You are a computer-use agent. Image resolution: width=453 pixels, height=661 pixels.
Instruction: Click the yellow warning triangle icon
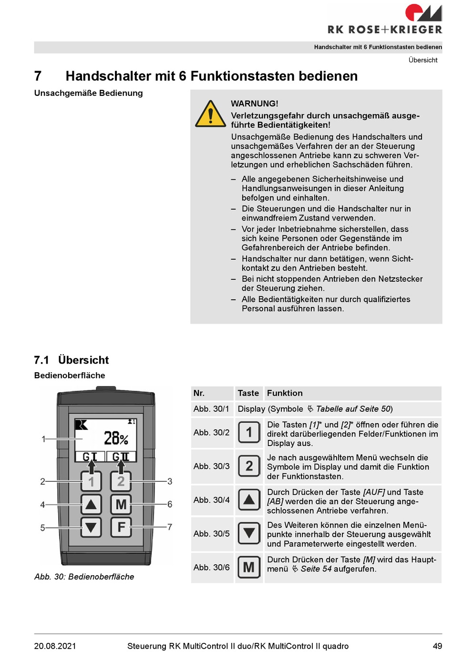(210, 114)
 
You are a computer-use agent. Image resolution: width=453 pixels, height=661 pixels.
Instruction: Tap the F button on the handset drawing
(121, 527)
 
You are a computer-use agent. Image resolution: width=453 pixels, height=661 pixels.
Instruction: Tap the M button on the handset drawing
(121, 504)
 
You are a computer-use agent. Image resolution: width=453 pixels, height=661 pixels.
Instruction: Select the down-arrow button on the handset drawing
(91, 527)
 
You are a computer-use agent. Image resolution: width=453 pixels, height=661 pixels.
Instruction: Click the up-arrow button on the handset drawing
(91, 504)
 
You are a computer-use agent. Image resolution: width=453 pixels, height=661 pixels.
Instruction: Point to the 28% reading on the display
(116, 438)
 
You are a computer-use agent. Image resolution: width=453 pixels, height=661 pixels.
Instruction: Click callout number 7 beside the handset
(170, 527)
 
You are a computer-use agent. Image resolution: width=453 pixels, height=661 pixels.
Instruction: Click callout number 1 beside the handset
(43, 439)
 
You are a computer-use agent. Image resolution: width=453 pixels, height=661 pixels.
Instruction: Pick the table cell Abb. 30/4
(212, 500)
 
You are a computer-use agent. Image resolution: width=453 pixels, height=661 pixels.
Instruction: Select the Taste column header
(248, 393)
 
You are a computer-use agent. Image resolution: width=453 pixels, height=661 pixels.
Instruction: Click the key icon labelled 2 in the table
(249, 466)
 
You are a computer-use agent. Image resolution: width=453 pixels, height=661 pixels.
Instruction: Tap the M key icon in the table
(249, 567)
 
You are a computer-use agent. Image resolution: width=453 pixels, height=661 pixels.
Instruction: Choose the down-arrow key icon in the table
(249, 533)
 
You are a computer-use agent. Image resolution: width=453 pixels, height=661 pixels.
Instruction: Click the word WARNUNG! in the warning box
(254, 103)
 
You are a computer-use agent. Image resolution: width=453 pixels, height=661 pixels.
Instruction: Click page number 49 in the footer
(437, 646)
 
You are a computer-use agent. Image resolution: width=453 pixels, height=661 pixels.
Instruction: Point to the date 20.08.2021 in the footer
(55, 646)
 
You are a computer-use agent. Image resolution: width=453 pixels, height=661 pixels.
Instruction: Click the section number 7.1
(41, 360)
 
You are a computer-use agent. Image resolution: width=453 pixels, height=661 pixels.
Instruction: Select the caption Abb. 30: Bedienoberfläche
(84, 577)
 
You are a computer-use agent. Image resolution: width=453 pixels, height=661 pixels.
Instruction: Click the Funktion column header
(285, 393)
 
